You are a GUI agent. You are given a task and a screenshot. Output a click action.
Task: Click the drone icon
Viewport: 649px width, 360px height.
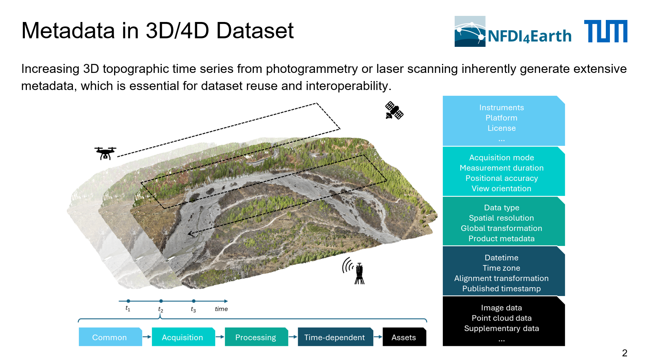pyautogui.click(x=106, y=153)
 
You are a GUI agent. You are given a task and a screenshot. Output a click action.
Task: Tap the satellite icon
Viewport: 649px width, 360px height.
pyautogui.click(x=394, y=110)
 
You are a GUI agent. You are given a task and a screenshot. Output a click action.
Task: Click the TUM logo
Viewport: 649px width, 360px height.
pyautogui.click(x=605, y=31)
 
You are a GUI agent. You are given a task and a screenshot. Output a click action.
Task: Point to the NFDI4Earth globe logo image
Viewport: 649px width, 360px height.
pyautogui.click(x=470, y=31)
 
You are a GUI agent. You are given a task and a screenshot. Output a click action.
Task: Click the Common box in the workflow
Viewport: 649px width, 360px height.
pyautogui.click(x=110, y=337)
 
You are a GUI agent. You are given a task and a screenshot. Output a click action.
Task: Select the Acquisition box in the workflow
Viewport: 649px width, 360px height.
pyautogui.click(x=183, y=337)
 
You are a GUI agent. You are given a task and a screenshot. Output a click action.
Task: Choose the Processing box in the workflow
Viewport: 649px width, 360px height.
pyautogui.click(x=256, y=337)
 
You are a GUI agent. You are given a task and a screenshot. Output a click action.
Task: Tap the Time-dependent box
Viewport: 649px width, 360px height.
pyautogui.click(x=335, y=337)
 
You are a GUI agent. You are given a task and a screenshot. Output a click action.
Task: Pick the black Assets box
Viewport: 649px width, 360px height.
pyautogui.click(x=404, y=337)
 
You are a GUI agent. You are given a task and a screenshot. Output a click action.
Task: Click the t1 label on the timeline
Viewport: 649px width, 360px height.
pyautogui.click(x=128, y=309)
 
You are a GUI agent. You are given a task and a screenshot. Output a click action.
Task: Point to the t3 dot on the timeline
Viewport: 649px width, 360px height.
pyautogui.click(x=194, y=301)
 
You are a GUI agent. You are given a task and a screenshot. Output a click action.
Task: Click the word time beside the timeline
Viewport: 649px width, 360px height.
pyautogui.click(x=221, y=309)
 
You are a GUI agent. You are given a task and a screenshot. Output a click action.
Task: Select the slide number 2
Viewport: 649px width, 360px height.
pyautogui.click(x=625, y=353)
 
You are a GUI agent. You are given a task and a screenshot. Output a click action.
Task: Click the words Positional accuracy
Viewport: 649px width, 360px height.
pyautogui.click(x=502, y=178)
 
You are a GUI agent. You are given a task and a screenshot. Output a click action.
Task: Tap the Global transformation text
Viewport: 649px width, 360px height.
pyautogui.click(x=502, y=228)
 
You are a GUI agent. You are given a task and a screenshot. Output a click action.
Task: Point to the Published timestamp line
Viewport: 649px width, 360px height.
pyautogui.click(x=502, y=289)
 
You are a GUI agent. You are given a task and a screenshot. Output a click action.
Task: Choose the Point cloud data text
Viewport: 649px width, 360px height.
pyautogui.click(x=502, y=318)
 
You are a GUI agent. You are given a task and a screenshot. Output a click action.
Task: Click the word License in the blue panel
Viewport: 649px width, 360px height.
pyautogui.click(x=502, y=128)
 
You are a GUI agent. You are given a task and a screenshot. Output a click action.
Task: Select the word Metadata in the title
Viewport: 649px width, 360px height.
pyautogui.click(x=68, y=31)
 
